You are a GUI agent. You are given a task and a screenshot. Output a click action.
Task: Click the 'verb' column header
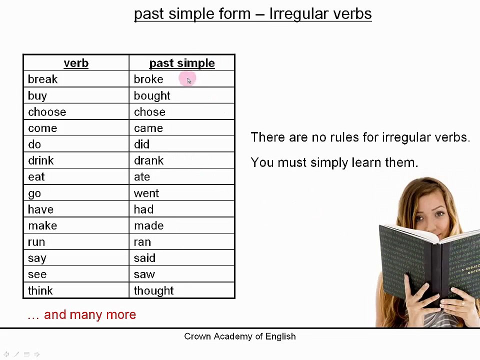[76, 63]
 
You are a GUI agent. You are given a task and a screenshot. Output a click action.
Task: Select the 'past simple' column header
[182, 63]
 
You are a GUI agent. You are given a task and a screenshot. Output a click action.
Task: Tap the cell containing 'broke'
[148, 79]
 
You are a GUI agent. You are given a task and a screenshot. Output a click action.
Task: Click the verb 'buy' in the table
[37, 95]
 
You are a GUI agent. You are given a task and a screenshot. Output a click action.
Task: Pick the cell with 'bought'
[152, 95]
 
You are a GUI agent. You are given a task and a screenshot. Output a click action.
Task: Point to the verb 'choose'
[47, 112]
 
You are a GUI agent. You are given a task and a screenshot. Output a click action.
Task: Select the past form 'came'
[148, 128]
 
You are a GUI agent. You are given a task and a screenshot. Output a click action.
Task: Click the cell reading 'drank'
[148, 160]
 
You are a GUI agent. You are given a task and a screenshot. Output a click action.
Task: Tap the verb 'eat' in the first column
[36, 177]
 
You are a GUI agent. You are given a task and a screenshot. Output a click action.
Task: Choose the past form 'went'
[146, 193]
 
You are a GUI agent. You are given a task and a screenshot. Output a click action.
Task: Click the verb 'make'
[42, 225]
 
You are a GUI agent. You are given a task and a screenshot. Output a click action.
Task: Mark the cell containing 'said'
[144, 258]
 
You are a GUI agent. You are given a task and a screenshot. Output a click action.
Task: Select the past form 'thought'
[153, 290]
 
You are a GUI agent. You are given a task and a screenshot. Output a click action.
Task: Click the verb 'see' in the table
[37, 274]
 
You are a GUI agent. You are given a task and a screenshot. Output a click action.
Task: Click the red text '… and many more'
[82, 314]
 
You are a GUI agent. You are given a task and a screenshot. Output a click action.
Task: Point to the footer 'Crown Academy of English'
[240, 336]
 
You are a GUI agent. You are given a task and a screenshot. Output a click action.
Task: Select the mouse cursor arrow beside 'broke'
[188, 80]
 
